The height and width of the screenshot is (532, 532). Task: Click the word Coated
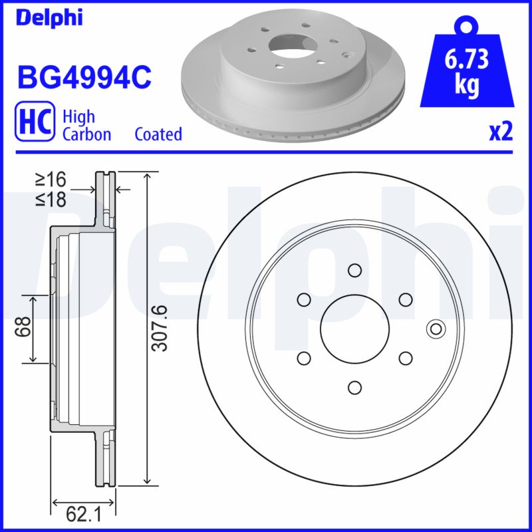click(158, 134)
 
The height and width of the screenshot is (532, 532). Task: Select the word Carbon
click(86, 134)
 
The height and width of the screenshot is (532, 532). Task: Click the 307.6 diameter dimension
click(160, 328)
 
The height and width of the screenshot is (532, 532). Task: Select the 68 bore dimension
click(25, 328)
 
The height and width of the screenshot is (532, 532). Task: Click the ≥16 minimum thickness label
click(52, 180)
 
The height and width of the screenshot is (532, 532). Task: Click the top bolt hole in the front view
click(354, 270)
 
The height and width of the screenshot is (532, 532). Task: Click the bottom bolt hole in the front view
click(354, 386)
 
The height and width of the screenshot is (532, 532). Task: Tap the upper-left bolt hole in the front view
click(304, 299)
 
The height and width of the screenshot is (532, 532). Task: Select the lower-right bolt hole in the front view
click(404, 358)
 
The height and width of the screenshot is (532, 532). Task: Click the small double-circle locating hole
click(436, 329)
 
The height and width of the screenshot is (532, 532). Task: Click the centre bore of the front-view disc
click(354, 329)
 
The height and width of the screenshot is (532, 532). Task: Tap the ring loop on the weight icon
click(468, 26)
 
